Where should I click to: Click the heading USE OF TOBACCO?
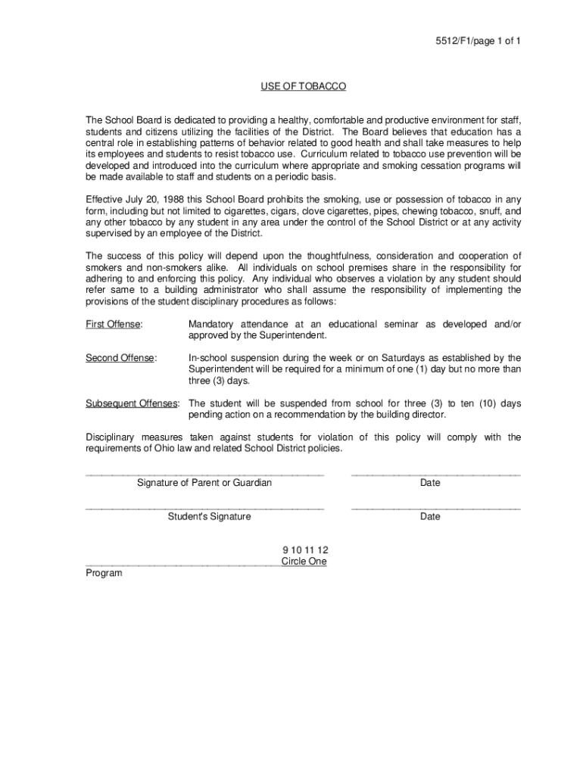[x=303, y=87]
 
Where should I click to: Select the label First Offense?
[x=114, y=325]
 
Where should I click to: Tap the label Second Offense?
[x=120, y=358]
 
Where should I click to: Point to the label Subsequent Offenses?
[x=132, y=403]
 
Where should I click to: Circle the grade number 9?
[x=285, y=550]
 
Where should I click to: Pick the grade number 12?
[x=323, y=550]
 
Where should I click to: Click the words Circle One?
[x=304, y=562]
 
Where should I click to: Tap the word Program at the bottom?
[x=104, y=574]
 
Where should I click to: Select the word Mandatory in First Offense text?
[x=211, y=325]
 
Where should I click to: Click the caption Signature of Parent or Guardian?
[x=204, y=483]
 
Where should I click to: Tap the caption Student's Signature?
[x=210, y=517]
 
